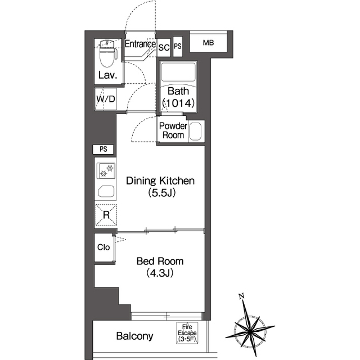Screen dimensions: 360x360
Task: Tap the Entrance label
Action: click(140, 44)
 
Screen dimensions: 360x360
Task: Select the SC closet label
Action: click(164, 47)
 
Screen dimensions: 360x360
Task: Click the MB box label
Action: click(208, 43)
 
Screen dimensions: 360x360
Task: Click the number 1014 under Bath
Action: click(178, 103)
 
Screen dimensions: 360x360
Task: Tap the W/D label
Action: click(106, 99)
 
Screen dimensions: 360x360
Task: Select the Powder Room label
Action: click(173, 130)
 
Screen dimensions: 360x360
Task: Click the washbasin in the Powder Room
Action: click(195, 131)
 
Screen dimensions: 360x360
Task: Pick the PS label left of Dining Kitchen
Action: click(103, 149)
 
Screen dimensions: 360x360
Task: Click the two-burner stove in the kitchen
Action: click(106, 170)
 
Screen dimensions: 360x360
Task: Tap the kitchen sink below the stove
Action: click(106, 191)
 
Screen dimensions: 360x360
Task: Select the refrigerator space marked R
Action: click(106, 215)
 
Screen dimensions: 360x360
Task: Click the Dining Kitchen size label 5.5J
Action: click(162, 192)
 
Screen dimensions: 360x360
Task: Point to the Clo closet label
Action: click(103, 247)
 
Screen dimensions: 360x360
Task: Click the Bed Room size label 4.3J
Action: click(160, 273)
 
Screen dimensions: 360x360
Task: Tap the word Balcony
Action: click(134, 336)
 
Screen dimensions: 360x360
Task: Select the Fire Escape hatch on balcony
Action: click(187, 333)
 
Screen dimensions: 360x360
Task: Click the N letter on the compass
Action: click(241, 296)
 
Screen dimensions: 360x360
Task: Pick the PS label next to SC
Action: click(178, 46)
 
